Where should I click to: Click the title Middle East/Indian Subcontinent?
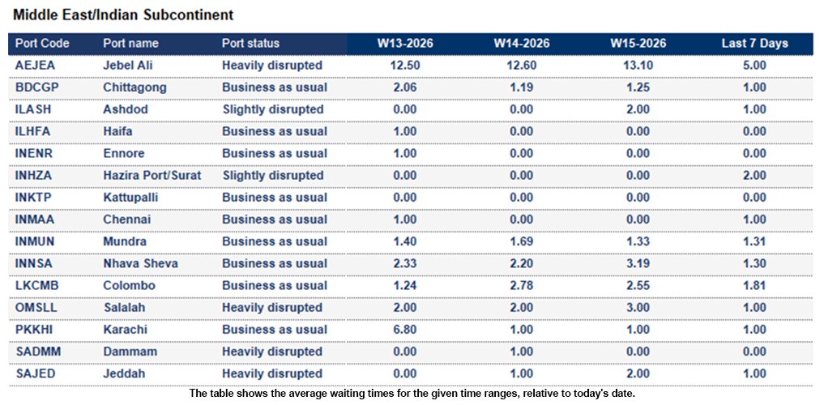point(123,15)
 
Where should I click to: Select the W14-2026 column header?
point(522,44)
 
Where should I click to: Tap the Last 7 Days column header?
point(754,44)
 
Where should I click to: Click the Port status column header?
point(250,44)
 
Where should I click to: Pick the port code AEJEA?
point(35,65)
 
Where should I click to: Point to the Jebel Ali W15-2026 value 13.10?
point(638,65)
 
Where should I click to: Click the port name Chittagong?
point(134,87)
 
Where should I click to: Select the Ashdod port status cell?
point(273,109)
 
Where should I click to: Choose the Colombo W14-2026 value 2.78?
point(522,285)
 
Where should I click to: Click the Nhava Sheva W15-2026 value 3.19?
point(638,263)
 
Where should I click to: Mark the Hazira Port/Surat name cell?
point(152,175)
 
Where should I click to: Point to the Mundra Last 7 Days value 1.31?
point(754,241)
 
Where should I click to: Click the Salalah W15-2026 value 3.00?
point(638,308)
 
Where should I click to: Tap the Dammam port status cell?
point(272,352)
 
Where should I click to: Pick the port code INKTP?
point(34,197)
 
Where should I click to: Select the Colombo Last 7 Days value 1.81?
point(754,285)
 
